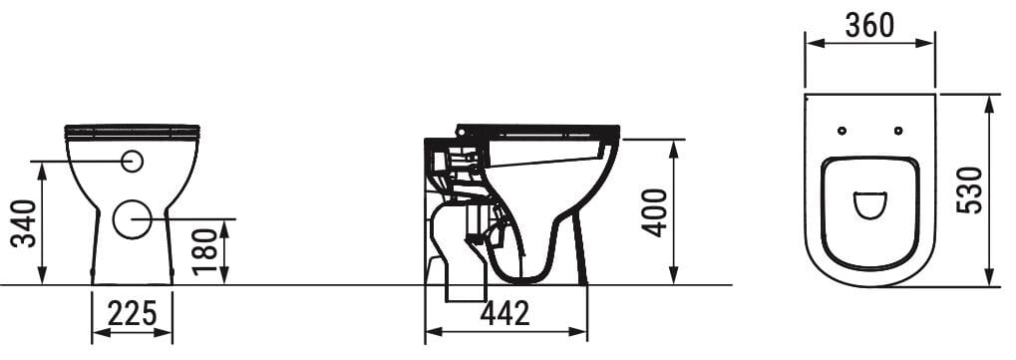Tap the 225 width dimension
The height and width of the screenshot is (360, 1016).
click(x=133, y=314)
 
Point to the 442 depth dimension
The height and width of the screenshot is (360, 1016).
click(x=505, y=314)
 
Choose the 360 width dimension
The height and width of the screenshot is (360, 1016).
click(x=869, y=26)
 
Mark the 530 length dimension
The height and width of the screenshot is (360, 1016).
click(x=969, y=190)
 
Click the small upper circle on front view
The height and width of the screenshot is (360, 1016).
click(x=132, y=160)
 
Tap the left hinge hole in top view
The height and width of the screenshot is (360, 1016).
click(x=842, y=131)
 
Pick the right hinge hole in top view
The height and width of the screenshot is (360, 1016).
click(x=898, y=131)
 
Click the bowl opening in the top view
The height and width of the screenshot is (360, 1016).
click(x=869, y=204)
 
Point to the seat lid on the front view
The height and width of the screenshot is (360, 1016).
click(x=132, y=131)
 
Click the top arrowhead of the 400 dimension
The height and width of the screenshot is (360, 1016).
click(x=675, y=146)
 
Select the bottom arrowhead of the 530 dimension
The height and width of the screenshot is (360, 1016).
click(x=990, y=280)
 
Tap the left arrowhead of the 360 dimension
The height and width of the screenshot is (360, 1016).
click(x=811, y=43)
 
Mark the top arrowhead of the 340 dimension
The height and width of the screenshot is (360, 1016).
click(x=42, y=167)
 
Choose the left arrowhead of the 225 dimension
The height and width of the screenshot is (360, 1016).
click(x=97, y=331)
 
